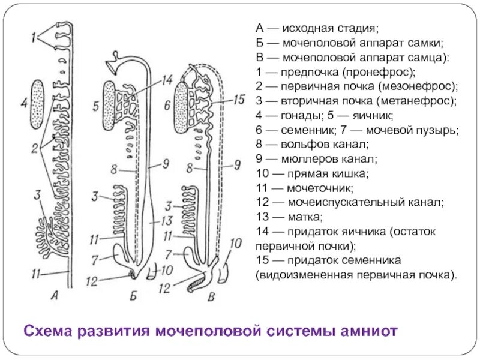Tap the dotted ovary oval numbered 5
[109, 106]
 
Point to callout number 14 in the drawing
[166, 80]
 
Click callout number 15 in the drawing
[238, 100]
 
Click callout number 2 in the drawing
[36, 147]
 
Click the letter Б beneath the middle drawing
[133, 295]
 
